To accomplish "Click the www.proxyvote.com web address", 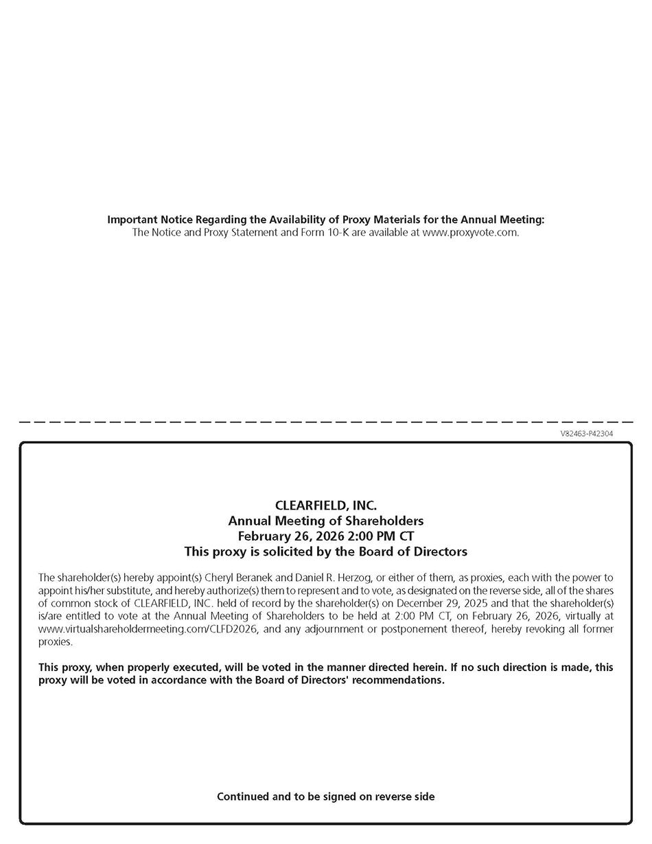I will [470, 232].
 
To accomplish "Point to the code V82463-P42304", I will [586, 434].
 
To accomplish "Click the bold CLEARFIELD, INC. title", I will [325, 506].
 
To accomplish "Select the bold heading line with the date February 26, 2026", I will [325, 536].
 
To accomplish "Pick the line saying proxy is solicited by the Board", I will [325, 551].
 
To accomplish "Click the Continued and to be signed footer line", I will [325, 797].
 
